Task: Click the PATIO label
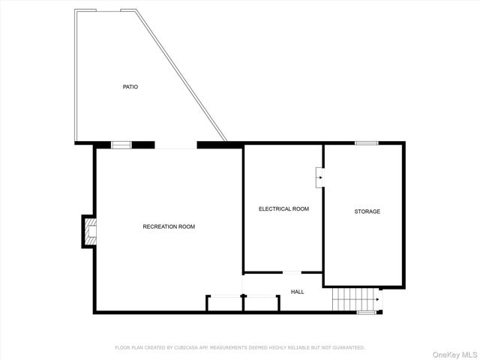tap(130, 87)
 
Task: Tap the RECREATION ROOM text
tap(169, 226)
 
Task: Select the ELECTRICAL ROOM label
tap(283, 208)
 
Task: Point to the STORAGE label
tap(367, 211)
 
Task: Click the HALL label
tap(298, 291)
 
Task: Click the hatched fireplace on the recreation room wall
tap(88, 231)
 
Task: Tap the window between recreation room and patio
tap(121, 145)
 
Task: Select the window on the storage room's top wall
tap(366, 142)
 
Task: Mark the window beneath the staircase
tap(366, 312)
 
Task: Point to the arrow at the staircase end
tap(377, 300)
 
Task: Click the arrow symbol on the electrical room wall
tap(319, 178)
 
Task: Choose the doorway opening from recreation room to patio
tap(175, 145)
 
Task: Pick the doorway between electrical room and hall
tap(292, 271)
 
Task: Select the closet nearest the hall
tap(261, 304)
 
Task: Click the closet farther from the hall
tap(224, 304)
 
